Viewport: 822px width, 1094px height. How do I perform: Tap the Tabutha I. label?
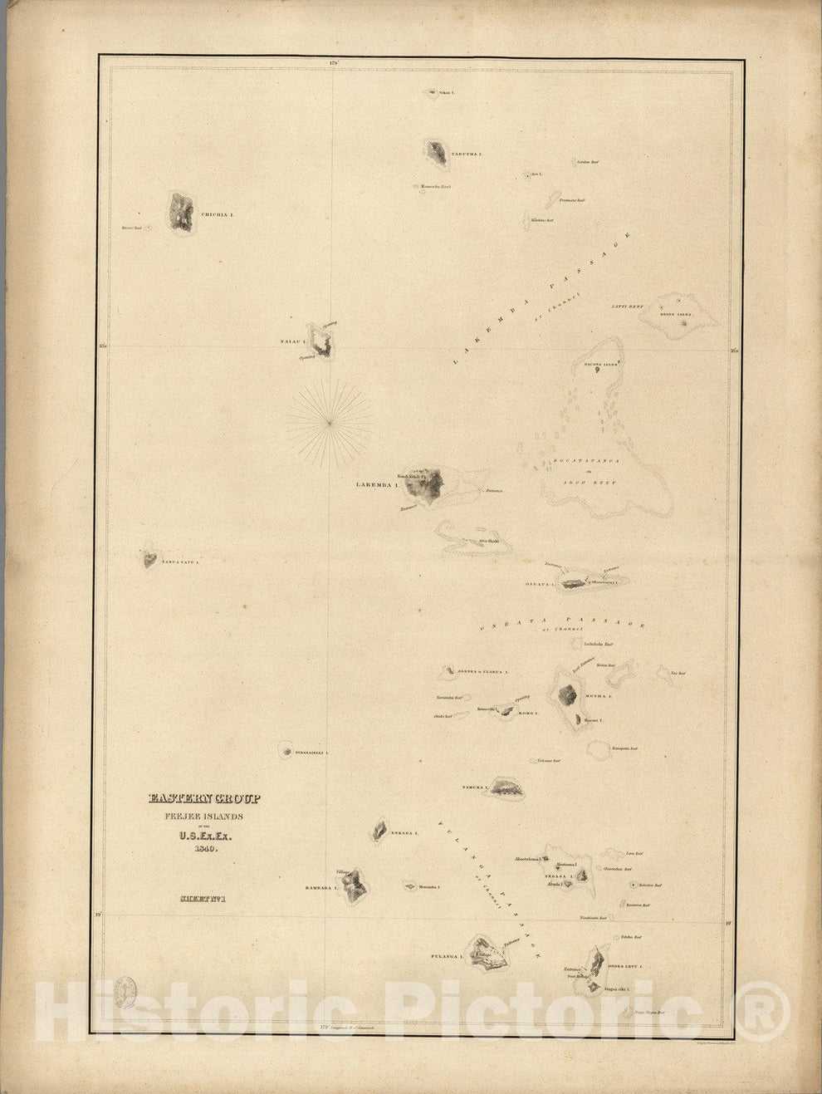coord(466,155)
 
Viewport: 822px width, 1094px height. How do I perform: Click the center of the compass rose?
coord(330,423)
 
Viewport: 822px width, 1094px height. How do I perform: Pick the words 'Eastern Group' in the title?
coord(204,799)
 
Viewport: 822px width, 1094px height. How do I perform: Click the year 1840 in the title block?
coord(204,848)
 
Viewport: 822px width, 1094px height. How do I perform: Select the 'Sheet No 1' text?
coord(203,897)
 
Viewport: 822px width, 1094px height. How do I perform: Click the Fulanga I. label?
coord(447,957)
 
